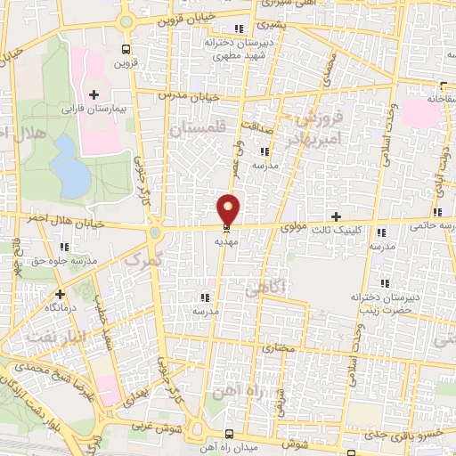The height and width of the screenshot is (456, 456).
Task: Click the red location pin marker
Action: pyautogui.click(x=229, y=208)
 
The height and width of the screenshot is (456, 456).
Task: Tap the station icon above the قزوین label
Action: pyautogui.click(x=125, y=49)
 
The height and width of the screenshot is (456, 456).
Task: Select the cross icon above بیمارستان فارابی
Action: pyautogui.click(x=94, y=94)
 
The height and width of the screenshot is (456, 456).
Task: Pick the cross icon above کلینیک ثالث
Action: pyautogui.click(x=336, y=217)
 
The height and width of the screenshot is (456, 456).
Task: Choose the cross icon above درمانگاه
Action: pyautogui.click(x=60, y=293)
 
